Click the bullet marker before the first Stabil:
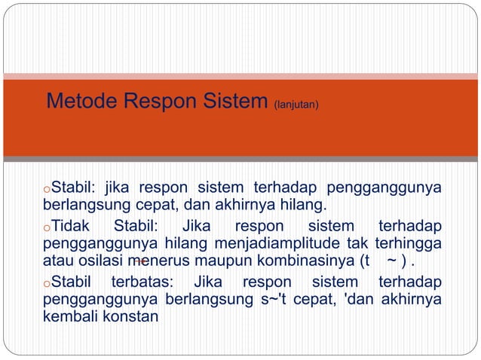click(46, 188)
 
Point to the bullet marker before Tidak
click(46, 227)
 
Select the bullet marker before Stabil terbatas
click(46, 285)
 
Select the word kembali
click(68, 317)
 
